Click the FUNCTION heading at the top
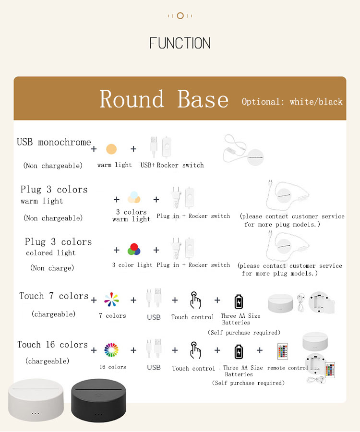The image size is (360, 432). coord(180,44)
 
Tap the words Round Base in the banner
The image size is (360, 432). coord(164,99)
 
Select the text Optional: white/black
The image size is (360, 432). coord(292,102)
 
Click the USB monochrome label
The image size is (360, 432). coord(54,142)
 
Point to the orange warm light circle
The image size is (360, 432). coord(111,149)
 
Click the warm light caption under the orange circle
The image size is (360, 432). coord(114,165)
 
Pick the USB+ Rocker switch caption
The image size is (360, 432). coord(172,165)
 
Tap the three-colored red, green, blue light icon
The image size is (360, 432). coord(134,249)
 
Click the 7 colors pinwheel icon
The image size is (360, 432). coord(112,300)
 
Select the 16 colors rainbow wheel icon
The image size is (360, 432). coord(111,350)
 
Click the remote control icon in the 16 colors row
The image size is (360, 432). coord(282,351)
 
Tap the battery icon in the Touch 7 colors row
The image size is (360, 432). coord(239,301)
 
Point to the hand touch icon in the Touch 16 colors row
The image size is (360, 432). coord(195,350)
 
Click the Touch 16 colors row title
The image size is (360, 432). coord(52,345)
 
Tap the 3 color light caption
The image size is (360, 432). coord(132,265)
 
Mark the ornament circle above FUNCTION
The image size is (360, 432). coord(180,16)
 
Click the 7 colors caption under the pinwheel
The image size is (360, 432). coord(112,316)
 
